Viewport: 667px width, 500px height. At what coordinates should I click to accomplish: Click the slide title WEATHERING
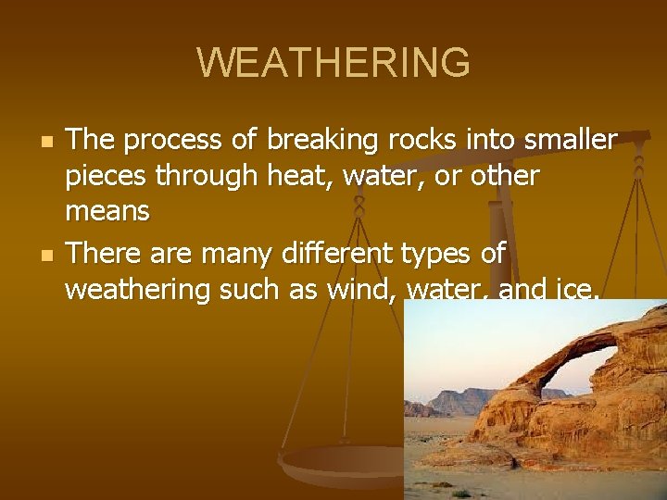(x=333, y=63)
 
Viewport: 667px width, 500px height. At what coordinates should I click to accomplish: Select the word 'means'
(x=107, y=212)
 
